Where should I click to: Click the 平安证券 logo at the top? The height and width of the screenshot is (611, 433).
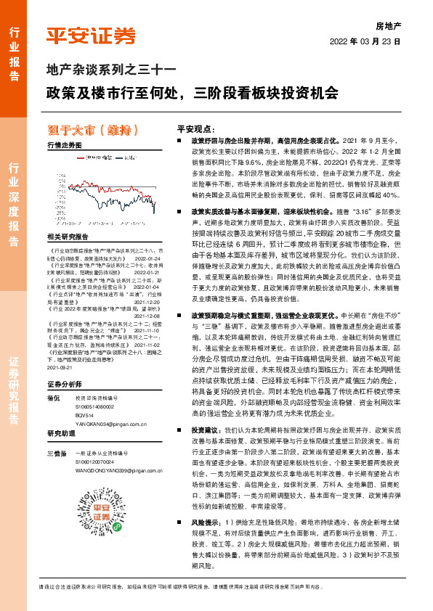pyautogui.click(x=91, y=36)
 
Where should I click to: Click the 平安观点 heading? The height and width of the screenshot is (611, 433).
pyautogui.click(x=193, y=126)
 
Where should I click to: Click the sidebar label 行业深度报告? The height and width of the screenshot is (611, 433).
pyautogui.click(x=13, y=206)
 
